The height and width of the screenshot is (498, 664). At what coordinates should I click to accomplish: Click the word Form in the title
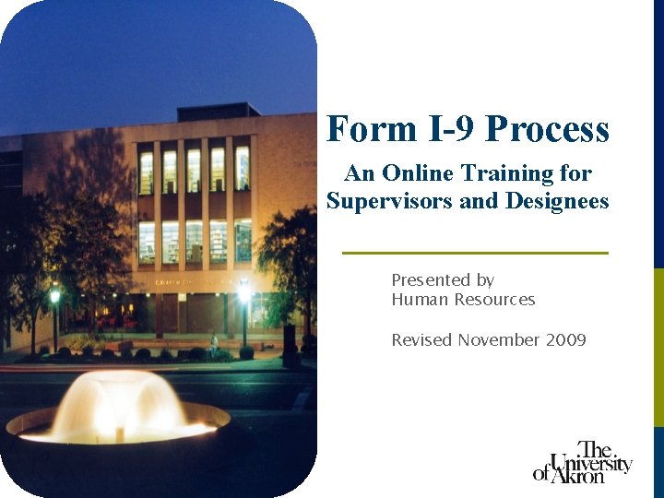pyautogui.click(x=361, y=129)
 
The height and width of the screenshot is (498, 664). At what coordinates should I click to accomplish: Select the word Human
pyautogui.click(x=416, y=300)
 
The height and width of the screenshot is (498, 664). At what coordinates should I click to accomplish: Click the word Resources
pyautogui.click(x=491, y=300)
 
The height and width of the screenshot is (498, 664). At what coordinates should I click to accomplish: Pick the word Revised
pyautogui.click(x=421, y=340)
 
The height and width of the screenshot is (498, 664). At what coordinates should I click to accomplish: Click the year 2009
pyautogui.click(x=565, y=340)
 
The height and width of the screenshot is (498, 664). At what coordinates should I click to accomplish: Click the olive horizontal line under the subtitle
pyautogui.click(x=475, y=253)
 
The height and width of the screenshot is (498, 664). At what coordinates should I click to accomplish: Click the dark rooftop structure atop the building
pyautogui.click(x=218, y=112)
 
